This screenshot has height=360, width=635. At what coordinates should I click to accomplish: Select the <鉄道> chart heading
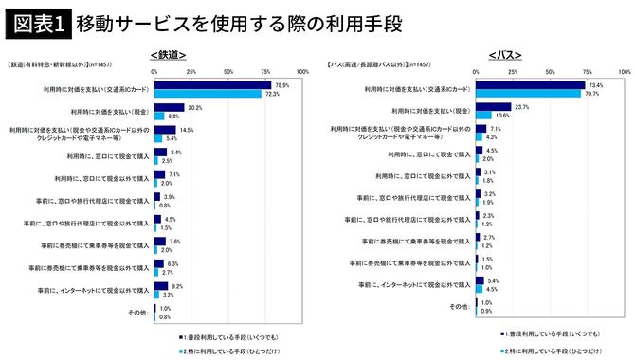pos(167,54)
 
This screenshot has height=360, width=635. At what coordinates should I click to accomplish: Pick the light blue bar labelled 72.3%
pos(208,94)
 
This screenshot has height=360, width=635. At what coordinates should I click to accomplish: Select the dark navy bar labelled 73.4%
pos(529,84)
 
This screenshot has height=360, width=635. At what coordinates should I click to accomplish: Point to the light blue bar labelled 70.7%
pos(527,94)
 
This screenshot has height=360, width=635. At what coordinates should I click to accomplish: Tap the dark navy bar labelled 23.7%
pos(492,106)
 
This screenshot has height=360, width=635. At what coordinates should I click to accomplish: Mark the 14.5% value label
pos(187,129)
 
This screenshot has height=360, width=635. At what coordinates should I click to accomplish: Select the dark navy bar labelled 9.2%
pos(161,285)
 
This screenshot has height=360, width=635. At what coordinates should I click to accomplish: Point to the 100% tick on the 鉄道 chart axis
pos(302,71)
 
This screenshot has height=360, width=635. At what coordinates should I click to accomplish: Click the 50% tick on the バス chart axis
pos(553,71)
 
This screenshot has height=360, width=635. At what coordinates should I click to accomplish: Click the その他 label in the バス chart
pos(460,306)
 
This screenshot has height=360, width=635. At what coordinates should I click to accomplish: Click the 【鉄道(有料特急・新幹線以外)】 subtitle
pos(62,65)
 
